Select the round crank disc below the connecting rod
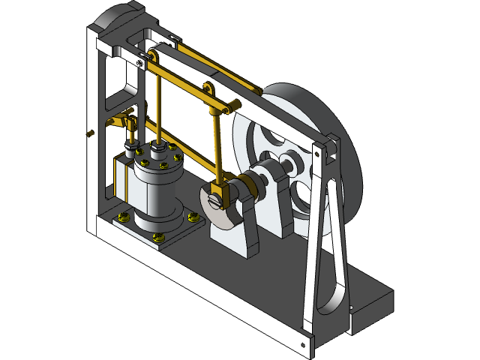pos(213,212)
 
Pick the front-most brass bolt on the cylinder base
pos(157,238)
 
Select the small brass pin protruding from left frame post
pos(91,133)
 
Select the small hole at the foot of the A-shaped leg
pos(303,346)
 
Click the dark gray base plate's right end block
pos(371,300)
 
